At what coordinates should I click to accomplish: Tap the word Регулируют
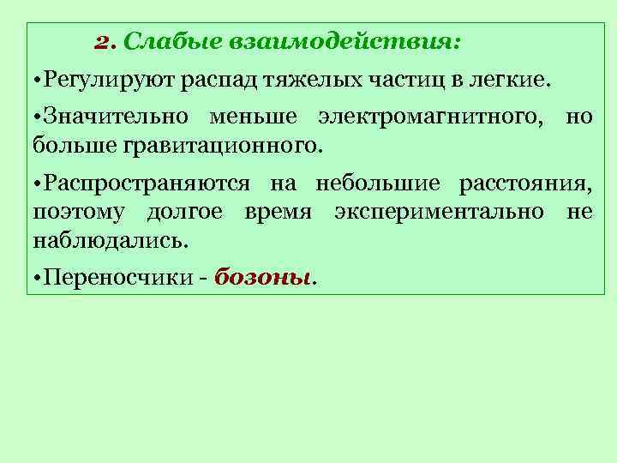pyautogui.click(x=105, y=81)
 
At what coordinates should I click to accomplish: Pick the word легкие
pyautogui.click(x=510, y=81)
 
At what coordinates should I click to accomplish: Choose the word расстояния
pyautogui.click(x=525, y=184)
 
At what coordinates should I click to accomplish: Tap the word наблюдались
pyautogui.click(x=109, y=239)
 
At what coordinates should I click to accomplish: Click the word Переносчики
pyautogui.click(x=118, y=278)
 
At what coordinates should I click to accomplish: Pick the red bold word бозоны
pyautogui.click(x=264, y=278)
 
